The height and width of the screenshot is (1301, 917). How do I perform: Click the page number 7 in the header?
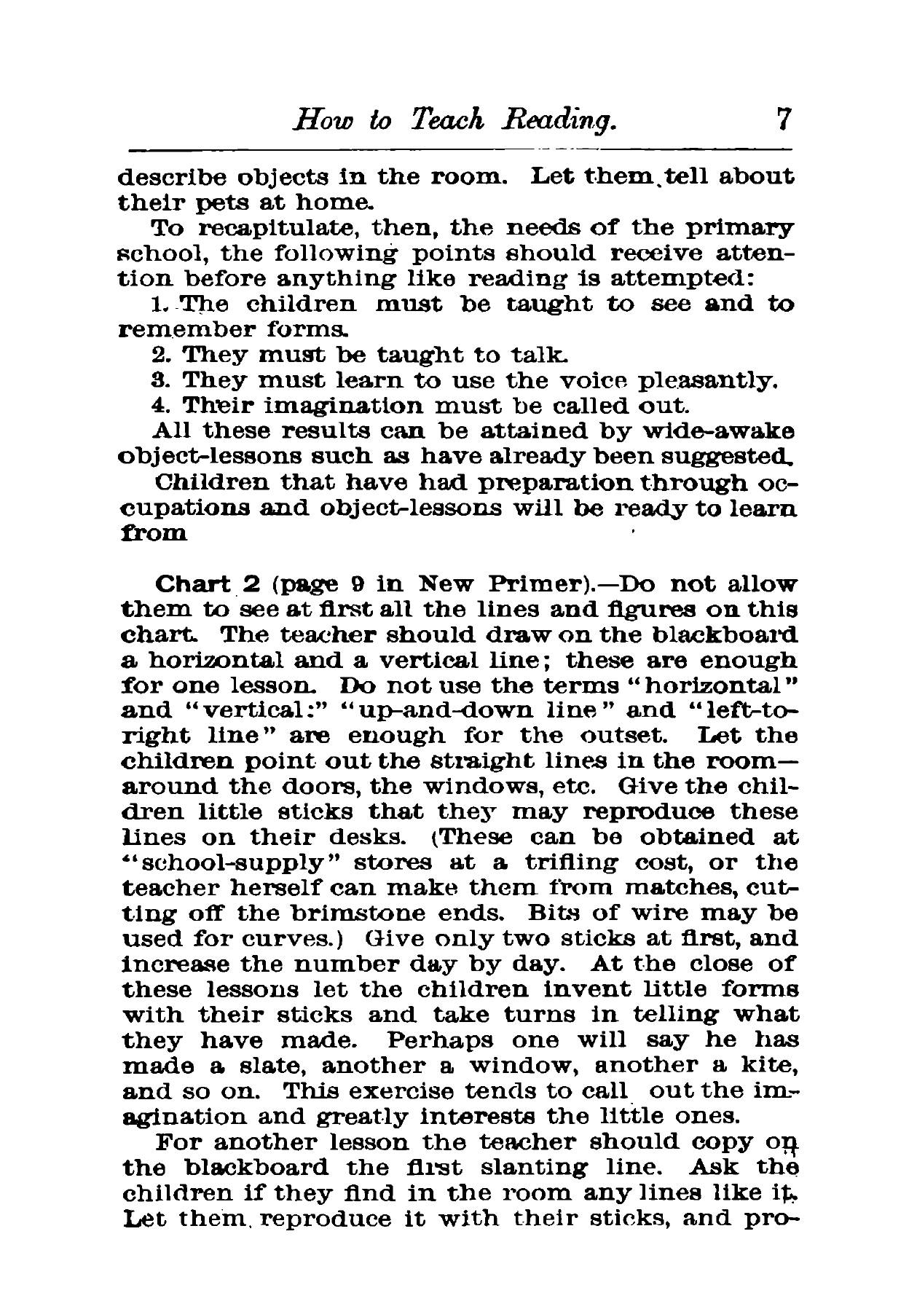click(x=783, y=119)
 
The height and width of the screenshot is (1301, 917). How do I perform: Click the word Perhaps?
click(x=439, y=1039)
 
